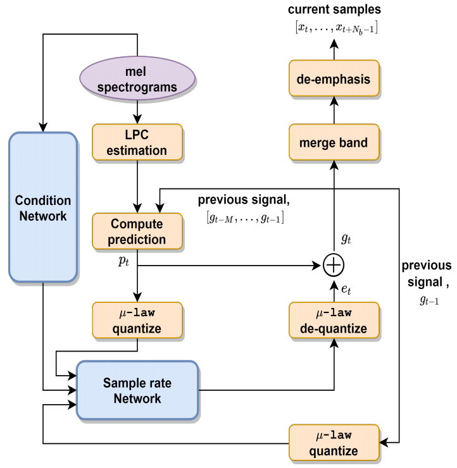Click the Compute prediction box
(x=137, y=231)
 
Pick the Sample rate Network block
(x=137, y=390)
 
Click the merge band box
(x=333, y=143)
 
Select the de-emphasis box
(x=333, y=80)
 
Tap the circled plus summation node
(x=333, y=266)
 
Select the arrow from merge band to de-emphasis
(x=333, y=112)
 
